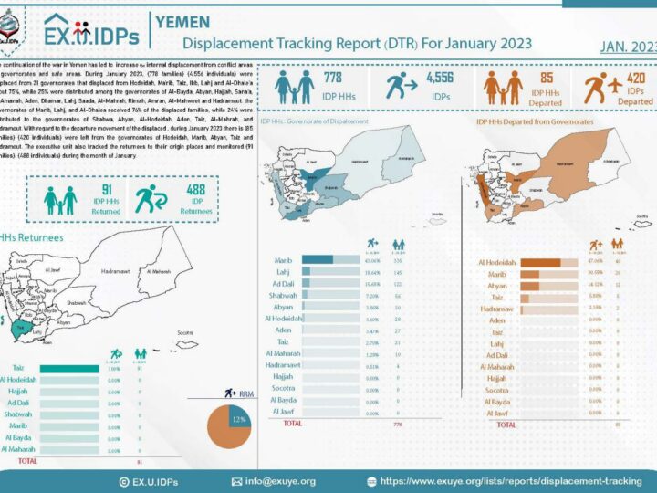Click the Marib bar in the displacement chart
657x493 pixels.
(x=317, y=259)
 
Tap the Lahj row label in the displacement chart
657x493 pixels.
(x=284, y=272)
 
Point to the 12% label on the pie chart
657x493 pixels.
(x=240, y=420)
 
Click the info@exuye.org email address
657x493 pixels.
(x=278, y=481)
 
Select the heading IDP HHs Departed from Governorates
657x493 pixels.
(x=534, y=121)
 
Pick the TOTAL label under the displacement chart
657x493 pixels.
(x=292, y=424)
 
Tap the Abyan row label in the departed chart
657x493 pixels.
(x=497, y=286)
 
